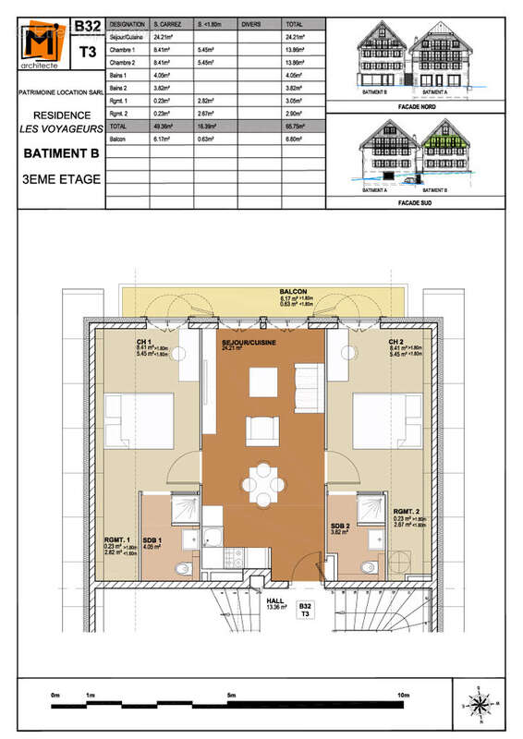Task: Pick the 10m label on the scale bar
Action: click(403, 695)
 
